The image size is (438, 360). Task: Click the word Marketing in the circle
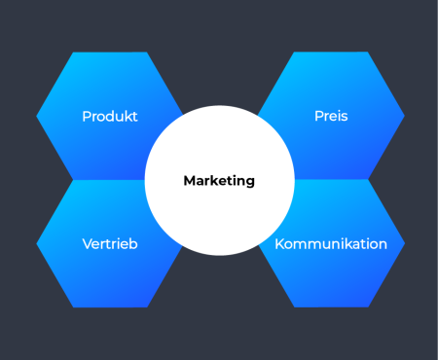(219, 180)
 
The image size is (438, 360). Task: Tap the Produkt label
(110, 117)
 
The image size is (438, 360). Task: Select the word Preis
(331, 117)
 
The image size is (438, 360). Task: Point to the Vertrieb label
(110, 244)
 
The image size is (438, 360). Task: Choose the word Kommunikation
(331, 244)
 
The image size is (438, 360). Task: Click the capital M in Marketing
(189, 180)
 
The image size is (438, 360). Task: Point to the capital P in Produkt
(86, 117)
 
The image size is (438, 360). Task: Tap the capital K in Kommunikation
(279, 244)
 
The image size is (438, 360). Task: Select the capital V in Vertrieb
(87, 244)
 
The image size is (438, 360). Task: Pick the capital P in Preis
(317, 117)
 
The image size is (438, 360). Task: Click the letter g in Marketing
(250, 182)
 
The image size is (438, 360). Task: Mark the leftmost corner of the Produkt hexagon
(37, 116)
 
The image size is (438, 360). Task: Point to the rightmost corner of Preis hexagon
(405, 116)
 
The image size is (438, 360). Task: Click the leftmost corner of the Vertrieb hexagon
(37, 243)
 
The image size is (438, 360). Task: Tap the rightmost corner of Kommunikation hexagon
(405, 243)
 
